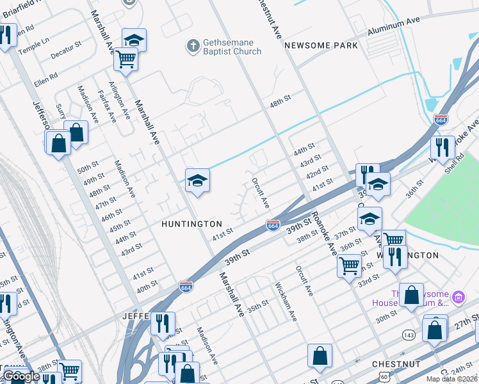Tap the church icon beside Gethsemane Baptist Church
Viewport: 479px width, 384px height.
(192, 45)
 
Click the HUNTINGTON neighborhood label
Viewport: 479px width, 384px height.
(191, 225)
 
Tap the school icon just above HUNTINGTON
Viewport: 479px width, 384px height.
(197, 182)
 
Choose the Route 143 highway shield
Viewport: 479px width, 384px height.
(409, 335)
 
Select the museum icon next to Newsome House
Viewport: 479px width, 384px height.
(458, 297)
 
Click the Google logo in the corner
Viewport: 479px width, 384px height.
(22, 376)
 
